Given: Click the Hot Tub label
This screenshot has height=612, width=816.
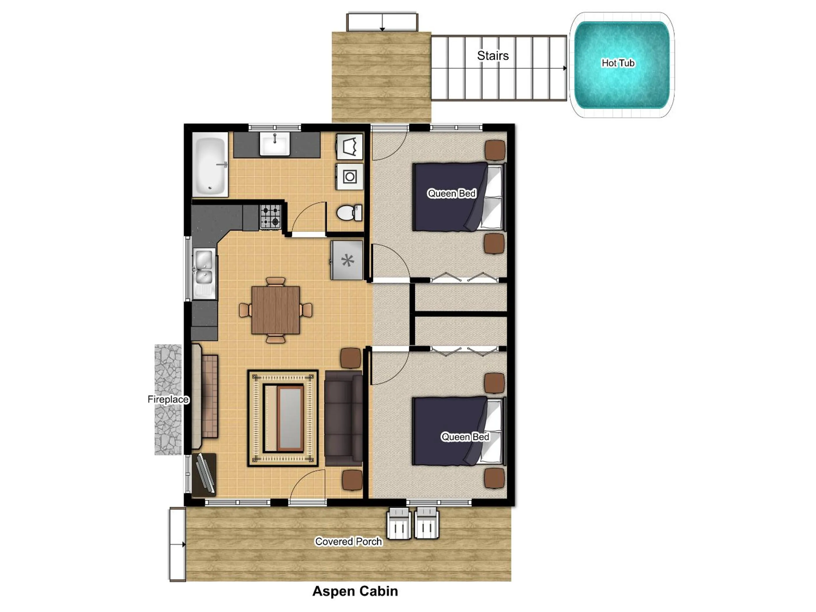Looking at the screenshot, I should (x=618, y=63).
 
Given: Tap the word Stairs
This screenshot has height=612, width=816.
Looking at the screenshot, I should (x=493, y=56).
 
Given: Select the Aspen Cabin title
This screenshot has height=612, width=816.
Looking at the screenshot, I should (x=355, y=591).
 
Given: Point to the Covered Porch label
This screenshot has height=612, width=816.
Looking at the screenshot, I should (x=348, y=541).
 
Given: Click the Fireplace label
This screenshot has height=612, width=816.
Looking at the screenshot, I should (x=168, y=399).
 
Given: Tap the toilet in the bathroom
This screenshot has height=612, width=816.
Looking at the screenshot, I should (x=348, y=213).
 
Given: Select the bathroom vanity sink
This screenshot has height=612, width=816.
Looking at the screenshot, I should (x=275, y=144).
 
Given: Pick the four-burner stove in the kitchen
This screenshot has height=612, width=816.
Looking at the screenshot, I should (x=270, y=216).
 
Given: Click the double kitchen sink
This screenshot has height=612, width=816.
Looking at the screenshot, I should (x=204, y=267).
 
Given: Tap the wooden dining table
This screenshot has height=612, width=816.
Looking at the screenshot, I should (x=275, y=310).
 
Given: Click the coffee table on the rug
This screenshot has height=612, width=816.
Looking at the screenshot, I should (x=290, y=418).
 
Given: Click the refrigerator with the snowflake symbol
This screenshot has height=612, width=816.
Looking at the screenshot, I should (x=347, y=261).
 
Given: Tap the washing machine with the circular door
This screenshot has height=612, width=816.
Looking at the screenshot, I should (x=349, y=177).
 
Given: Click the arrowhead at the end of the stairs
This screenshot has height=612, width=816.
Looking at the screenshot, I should (x=564, y=68).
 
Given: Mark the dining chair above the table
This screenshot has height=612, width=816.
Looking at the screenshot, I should (x=275, y=282).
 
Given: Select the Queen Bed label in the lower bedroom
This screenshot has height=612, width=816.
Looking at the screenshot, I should (x=465, y=437).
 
